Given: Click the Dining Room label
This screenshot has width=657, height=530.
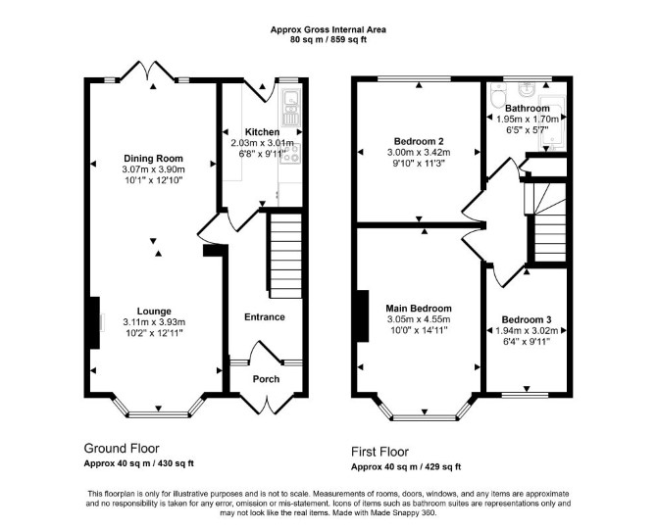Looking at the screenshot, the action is tap(153, 159).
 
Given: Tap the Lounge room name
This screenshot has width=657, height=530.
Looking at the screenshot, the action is tap(154, 312).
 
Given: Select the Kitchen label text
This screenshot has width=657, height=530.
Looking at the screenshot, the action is tap(262, 132).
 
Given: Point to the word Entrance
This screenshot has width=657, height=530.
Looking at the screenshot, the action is tap(265, 316).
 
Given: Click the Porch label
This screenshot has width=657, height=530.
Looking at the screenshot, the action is tap(266, 379).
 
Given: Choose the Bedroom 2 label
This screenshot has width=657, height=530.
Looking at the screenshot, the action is tap(419, 141).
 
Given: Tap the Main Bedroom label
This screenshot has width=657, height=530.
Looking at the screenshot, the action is tap(419, 309).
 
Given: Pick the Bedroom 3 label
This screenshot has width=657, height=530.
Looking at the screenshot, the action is tap(527, 319).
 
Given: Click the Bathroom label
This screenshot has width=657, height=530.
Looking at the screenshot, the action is tap(528, 108).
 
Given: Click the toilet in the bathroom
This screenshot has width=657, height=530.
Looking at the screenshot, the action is tap(498, 95).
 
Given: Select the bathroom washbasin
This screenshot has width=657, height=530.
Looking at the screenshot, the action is tap(525, 89).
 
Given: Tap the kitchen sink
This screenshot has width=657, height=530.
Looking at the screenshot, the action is tap(290, 107).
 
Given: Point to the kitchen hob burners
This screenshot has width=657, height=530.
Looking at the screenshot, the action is tap(290, 153).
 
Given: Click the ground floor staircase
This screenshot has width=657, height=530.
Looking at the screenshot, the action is tap(285, 256).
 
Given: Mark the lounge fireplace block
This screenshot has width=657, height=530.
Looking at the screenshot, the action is tap(94, 322).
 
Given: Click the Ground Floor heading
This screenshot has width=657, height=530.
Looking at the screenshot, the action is tap(122, 449).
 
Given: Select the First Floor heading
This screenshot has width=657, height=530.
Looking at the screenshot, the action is tap(379, 452).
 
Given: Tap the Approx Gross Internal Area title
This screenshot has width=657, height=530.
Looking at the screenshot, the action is tap(328, 29).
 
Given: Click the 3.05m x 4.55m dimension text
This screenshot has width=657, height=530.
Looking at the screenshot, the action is tap(419, 319).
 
